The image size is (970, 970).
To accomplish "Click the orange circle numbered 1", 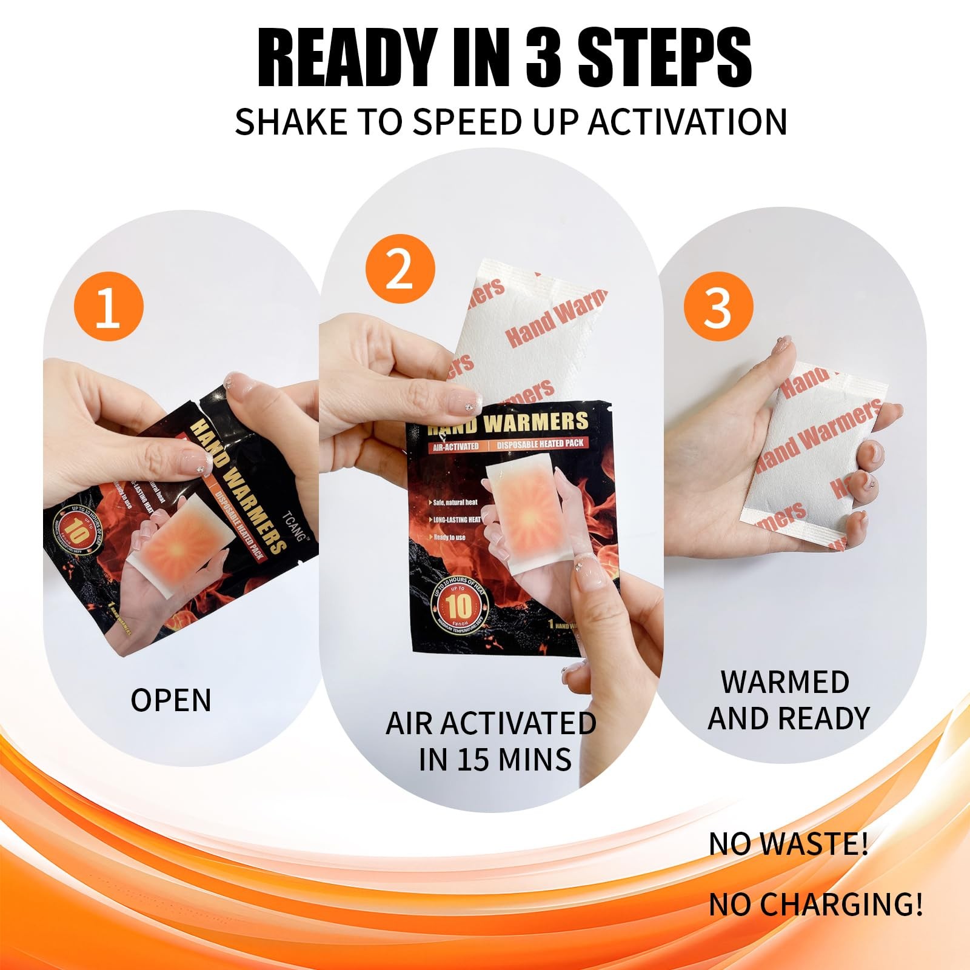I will point(109,307).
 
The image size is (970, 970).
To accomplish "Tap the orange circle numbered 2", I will point(400,269).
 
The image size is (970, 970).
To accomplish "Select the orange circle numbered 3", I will point(718,307).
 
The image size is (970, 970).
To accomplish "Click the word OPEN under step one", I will point(171,700).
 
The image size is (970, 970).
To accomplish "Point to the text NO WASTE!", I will point(788,844).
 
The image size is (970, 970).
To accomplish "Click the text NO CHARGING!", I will point(815,904).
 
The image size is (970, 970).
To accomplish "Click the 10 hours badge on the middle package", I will point(459,606).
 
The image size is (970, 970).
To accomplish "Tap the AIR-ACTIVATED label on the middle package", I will point(455,447).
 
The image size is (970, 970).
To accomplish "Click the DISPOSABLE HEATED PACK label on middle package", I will point(540,444).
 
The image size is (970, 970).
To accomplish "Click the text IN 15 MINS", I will point(495,759).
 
